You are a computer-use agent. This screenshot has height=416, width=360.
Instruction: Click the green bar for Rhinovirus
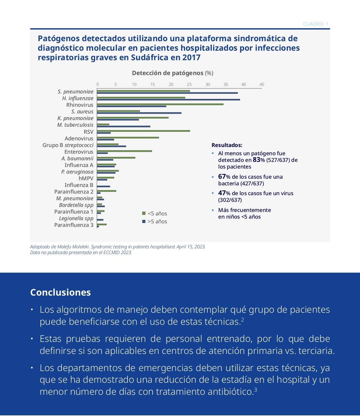(x=160, y=104)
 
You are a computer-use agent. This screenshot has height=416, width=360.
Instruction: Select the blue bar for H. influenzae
(x=168, y=99)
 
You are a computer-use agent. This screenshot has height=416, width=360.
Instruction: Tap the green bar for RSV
(x=143, y=131)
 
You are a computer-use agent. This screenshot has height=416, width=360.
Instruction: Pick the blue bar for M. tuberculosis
(x=123, y=126)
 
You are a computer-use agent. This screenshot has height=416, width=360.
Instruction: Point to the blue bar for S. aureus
(x=139, y=113)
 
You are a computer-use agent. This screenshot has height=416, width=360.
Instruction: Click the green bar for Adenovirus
(x=128, y=138)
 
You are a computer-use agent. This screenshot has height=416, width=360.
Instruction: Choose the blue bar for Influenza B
(x=103, y=186)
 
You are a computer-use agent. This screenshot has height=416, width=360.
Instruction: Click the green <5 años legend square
(x=144, y=213)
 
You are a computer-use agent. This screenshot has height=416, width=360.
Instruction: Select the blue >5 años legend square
(x=144, y=221)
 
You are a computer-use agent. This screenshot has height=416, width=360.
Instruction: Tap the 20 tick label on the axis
(x=171, y=85)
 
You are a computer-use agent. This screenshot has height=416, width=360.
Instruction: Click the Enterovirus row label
(x=79, y=152)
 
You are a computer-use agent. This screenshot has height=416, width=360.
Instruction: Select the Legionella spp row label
(x=76, y=218)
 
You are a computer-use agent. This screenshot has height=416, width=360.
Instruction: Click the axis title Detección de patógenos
(x=167, y=73)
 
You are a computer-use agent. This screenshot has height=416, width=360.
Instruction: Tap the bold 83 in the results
(x=257, y=160)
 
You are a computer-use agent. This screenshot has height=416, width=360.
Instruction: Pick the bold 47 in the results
(x=222, y=193)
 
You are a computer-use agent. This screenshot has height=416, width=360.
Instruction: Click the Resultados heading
(x=227, y=145)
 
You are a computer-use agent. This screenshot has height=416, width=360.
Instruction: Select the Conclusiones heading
(x=61, y=292)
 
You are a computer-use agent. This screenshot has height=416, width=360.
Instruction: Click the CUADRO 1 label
(x=316, y=24)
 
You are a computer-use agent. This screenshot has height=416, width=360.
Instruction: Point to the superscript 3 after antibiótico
(x=256, y=389)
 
